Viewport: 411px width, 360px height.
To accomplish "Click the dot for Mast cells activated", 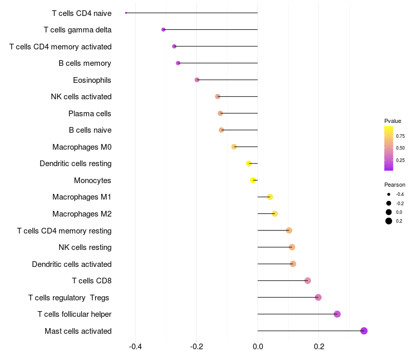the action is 364,331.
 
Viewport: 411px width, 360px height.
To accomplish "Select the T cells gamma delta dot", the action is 163,30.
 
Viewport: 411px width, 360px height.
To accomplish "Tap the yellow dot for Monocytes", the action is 253,181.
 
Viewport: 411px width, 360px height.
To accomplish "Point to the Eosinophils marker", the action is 197,80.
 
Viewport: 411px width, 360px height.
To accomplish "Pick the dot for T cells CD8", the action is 308,281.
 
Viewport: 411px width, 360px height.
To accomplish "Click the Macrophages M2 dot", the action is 275,213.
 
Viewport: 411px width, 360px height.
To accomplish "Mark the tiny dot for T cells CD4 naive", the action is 126,13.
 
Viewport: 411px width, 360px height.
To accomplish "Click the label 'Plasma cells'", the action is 89,114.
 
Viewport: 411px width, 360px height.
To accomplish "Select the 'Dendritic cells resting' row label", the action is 76,164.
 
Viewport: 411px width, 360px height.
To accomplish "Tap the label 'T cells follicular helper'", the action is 74,314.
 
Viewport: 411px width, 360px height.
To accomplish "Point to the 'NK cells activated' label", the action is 81,97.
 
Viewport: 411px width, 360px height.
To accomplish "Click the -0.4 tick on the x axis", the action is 135,347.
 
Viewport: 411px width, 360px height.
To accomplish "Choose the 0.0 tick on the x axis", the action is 258,347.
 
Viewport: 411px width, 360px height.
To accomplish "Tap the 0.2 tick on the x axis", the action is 319,347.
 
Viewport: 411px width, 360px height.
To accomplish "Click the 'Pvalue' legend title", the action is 393,121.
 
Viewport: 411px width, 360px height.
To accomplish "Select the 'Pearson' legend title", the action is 395,185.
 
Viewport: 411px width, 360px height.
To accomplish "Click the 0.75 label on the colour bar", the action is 400,136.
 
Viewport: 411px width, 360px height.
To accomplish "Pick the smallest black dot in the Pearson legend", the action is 389,194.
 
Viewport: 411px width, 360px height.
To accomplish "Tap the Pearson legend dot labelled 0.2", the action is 389,221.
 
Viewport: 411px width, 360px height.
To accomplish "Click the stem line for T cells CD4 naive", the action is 192,13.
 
